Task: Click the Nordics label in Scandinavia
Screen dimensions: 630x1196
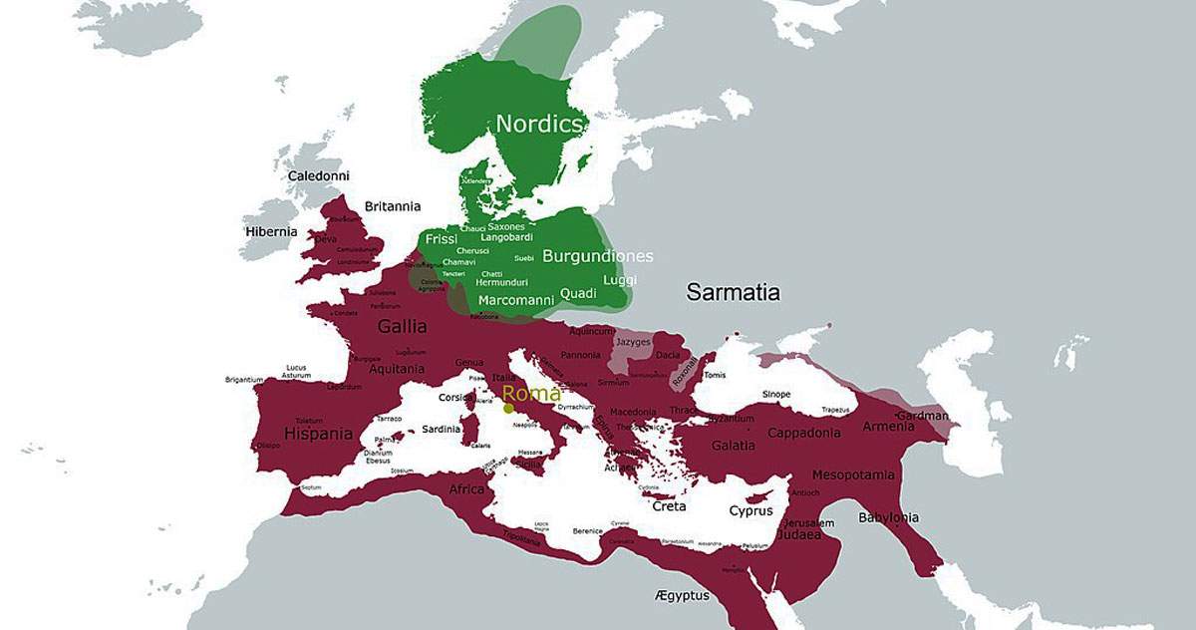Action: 539,125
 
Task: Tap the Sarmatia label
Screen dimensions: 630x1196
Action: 733,292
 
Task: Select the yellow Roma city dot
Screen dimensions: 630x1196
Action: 508,408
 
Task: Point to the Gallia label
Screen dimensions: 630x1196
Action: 403,326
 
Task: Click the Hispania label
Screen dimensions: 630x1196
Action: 318,434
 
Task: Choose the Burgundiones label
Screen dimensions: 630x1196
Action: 597,256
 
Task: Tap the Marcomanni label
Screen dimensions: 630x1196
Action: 516,300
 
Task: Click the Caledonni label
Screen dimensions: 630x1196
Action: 319,176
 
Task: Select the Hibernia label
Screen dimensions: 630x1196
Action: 272,231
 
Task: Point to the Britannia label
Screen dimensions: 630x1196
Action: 393,206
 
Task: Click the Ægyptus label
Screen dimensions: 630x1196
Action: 683,595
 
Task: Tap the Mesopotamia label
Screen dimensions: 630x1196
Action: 853,474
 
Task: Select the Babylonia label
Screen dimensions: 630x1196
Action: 888,517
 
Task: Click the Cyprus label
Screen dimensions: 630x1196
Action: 750,510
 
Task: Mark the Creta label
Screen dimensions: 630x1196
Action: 669,506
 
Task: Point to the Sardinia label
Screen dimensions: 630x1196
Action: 443,429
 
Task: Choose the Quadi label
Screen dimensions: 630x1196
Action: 578,293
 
